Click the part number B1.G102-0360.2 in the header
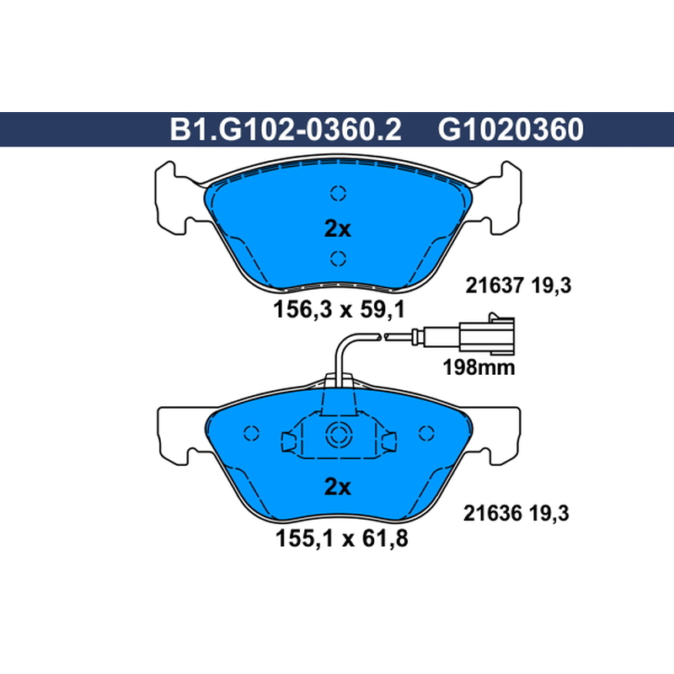[x=286, y=130]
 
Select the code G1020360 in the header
[x=511, y=130]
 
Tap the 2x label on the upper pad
[x=338, y=229]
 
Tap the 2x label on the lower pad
[x=338, y=487]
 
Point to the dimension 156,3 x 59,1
[x=340, y=309]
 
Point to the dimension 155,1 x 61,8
[x=342, y=538]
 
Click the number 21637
[x=495, y=286]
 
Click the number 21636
[x=492, y=513]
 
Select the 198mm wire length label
[x=479, y=368]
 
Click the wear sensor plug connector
[x=487, y=334]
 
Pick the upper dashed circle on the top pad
[x=339, y=193]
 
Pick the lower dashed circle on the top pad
[x=339, y=259]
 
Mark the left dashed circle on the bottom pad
[x=251, y=433]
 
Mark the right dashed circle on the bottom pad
[x=426, y=433]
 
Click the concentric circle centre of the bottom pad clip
[x=339, y=435]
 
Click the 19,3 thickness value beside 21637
[x=551, y=286]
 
